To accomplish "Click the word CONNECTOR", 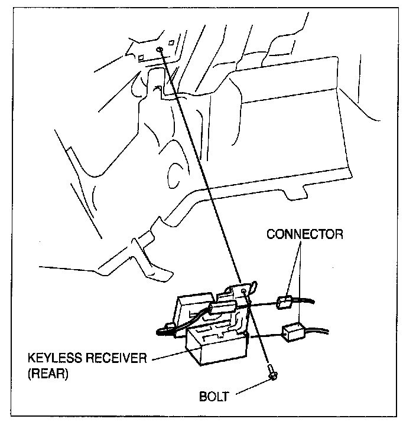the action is (305, 234).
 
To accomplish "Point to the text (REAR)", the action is (48, 374).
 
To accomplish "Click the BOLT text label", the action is (214, 397).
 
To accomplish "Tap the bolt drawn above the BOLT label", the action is (272, 371).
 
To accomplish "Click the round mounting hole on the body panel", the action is (160, 50).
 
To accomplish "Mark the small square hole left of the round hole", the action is (141, 57).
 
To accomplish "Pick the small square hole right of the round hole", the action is (171, 42).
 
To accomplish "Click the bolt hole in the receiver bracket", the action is (243, 291).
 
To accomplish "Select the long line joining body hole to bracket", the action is (200, 166).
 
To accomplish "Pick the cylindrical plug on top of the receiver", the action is (223, 306).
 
